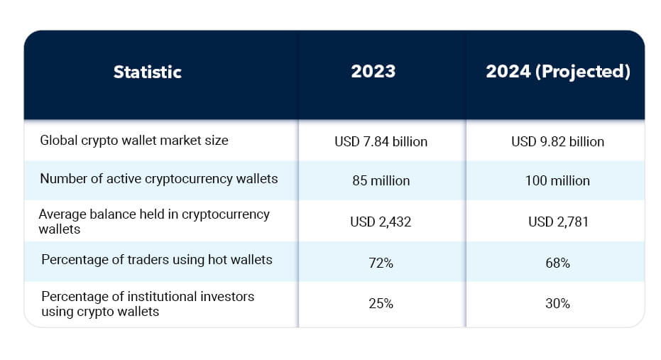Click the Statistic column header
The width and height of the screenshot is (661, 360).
[148, 72]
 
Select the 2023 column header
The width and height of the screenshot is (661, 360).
[373, 72]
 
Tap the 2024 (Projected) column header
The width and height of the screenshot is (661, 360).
[557, 72]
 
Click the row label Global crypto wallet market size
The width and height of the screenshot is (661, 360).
[134, 141]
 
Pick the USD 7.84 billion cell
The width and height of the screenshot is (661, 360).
[381, 141]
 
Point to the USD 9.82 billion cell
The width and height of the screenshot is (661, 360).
[557, 141]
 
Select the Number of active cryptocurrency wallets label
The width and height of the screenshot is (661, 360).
[159, 179]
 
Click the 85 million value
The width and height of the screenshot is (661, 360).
[381, 180]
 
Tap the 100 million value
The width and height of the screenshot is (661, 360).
[557, 180]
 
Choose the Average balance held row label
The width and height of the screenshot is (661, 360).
[154, 221]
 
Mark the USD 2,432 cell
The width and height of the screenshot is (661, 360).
[381, 222]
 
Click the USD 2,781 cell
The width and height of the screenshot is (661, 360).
[557, 222]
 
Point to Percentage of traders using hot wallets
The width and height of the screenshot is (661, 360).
[157, 260]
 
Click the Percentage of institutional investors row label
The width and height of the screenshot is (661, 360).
[148, 303]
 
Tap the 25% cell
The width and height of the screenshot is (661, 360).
[381, 303]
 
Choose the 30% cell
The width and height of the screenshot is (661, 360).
[557, 303]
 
